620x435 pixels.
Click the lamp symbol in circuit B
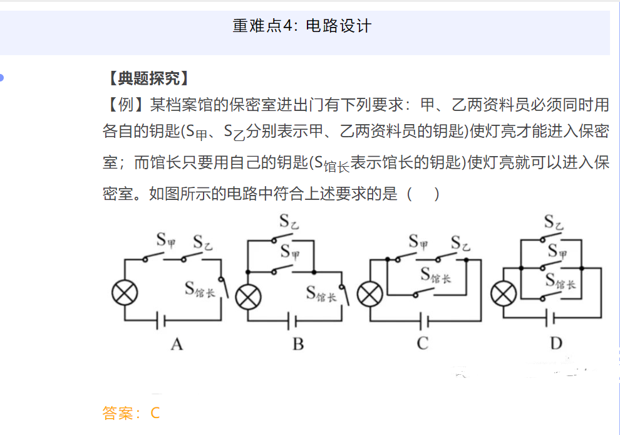(248, 296)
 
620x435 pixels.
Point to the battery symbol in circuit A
(162, 322)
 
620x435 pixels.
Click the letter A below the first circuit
(177, 343)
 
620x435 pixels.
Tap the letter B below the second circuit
(298, 343)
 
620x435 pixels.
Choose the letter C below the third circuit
(423, 343)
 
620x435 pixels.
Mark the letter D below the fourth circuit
(556, 343)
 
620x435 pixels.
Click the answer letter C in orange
(155, 413)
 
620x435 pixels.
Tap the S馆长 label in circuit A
(200, 288)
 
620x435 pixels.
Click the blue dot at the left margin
(2, 78)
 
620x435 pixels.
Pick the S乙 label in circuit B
(289, 222)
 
